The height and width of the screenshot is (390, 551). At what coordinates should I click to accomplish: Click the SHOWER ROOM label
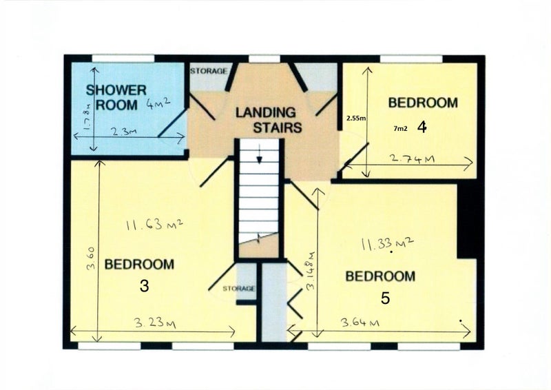(116, 98)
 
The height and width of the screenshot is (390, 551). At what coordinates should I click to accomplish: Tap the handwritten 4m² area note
(158, 104)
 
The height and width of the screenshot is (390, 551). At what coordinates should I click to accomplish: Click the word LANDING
(266, 112)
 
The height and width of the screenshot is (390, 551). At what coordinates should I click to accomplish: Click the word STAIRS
(278, 127)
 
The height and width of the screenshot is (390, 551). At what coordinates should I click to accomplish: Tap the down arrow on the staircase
(260, 154)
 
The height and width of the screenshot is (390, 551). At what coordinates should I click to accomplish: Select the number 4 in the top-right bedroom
(422, 127)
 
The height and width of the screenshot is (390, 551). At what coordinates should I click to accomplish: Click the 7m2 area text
(401, 129)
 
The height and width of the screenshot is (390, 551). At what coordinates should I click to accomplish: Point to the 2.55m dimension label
(356, 119)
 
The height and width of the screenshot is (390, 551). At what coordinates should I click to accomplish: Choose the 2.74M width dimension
(413, 159)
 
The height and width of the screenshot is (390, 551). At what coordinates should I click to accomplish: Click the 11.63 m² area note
(154, 224)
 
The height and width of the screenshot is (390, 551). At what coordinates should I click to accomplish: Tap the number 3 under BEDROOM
(144, 286)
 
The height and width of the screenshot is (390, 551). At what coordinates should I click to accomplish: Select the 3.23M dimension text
(156, 323)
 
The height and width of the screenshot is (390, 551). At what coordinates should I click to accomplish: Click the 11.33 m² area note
(387, 243)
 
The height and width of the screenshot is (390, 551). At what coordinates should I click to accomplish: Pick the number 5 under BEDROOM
(386, 298)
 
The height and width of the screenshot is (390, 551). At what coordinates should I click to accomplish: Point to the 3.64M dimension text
(360, 322)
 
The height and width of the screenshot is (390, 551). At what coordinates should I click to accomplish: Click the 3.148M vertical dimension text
(311, 271)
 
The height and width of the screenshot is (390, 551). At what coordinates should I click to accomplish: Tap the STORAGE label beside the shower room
(209, 71)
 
